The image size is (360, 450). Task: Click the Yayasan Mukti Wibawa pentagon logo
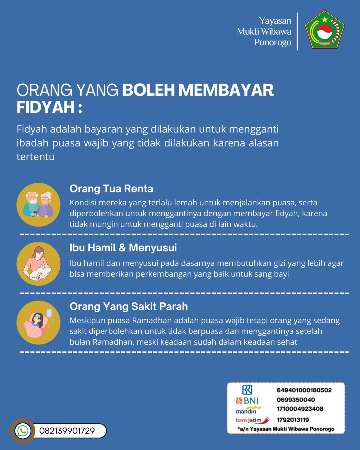pos(325,30)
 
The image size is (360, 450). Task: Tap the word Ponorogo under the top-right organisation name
pos(273,42)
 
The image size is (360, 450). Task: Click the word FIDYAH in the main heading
pos(46,107)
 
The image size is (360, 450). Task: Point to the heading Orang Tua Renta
pos(111,189)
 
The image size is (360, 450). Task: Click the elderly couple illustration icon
pos(38,204)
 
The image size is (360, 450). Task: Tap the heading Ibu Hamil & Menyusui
pos(123,248)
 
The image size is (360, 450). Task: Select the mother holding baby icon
pos(38,264)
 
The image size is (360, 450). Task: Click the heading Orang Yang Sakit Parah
pos(129,306)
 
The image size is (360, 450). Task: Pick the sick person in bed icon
pos(38,322)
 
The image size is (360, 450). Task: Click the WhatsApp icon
pos(23,431)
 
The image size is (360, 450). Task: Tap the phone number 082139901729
pos(67,431)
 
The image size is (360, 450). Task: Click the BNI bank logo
pos(247,400)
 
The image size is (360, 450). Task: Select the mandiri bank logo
pos(248,410)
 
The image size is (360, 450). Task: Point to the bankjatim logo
pos(252,420)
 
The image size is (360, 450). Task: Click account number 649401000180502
pos(304,390)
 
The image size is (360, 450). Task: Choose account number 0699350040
pos(296,400)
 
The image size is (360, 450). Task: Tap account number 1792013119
pos(293,420)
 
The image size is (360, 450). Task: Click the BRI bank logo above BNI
pos(247,390)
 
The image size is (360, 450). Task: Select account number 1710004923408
pos(300,409)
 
